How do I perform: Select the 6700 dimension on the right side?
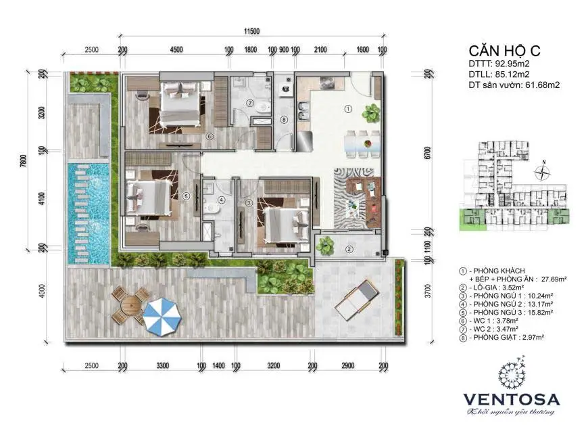click(x=427, y=154)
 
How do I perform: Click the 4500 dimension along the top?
click(x=176, y=49)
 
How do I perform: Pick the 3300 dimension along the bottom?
click(x=162, y=366)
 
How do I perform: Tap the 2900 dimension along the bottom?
click(x=347, y=366)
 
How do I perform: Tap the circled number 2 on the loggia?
click(x=349, y=249)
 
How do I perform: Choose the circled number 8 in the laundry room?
click(x=284, y=120)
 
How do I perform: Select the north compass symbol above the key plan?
click(x=541, y=174)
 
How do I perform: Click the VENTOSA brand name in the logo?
click(x=510, y=397)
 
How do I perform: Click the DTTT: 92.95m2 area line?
click(x=497, y=66)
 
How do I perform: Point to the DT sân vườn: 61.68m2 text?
click(x=514, y=85)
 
